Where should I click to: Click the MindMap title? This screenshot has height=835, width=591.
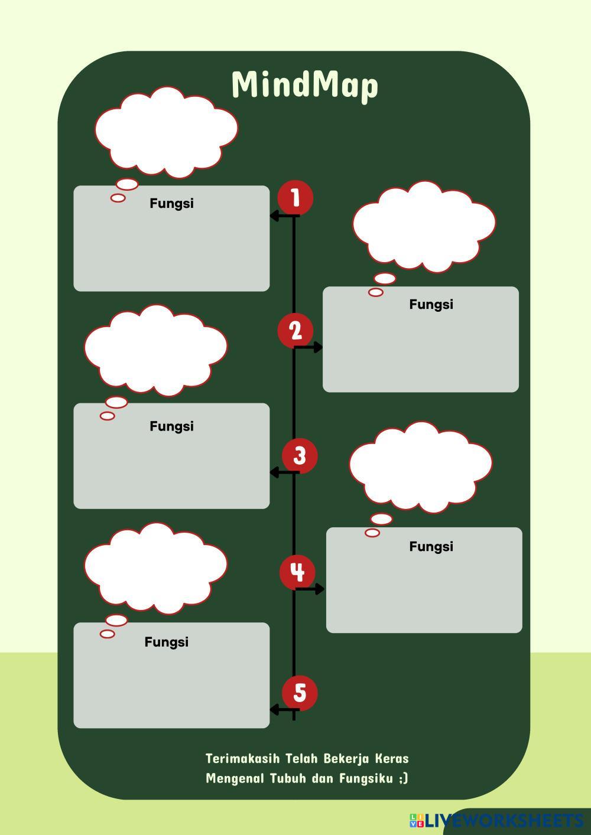pyautogui.click(x=304, y=84)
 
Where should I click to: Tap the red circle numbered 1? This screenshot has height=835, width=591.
pyautogui.click(x=295, y=198)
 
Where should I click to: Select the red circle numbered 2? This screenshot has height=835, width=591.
pyautogui.click(x=295, y=330)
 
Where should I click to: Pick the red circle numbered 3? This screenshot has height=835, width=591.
pyautogui.click(x=300, y=456)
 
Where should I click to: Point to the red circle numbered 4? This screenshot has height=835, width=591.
pyautogui.click(x=297, y=572)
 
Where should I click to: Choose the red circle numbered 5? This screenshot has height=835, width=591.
pyautogui.click(x=300, y=693)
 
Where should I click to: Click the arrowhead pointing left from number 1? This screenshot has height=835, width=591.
pyautogui.click(x=274, y=216)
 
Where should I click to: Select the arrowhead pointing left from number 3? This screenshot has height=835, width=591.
pyautogui.click(x=274, y=472)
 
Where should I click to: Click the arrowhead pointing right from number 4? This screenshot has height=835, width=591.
pyautogui.click(x=320, y=589)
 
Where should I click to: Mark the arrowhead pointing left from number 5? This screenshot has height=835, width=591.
pyautogui.click(x=274, y=709)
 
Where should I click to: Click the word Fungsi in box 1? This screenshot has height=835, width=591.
pyautogui.click(x=171, y=203)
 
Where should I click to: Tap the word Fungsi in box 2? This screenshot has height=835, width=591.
pyautogui.click(x=431, y=304)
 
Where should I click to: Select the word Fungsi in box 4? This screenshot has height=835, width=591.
pyautogui.click(x=431, y=546)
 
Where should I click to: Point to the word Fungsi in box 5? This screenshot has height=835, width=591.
pyautogui.click(x=166, y=642)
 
